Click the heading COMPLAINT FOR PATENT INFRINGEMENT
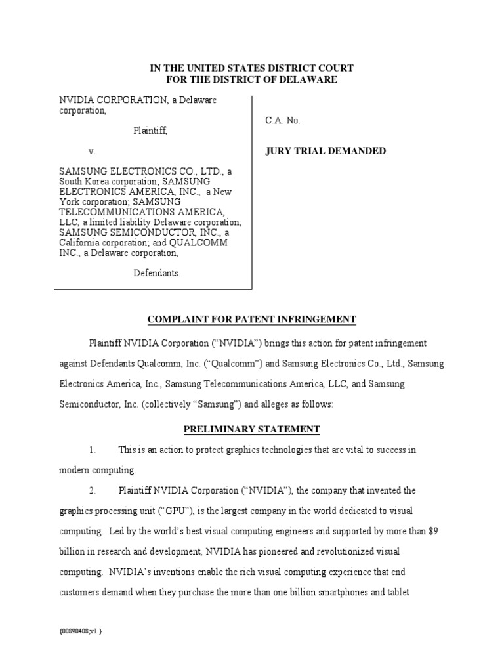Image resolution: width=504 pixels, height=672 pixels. click(x=251, y=320)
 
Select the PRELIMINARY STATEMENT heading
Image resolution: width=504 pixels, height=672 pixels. click(x=251, y=430)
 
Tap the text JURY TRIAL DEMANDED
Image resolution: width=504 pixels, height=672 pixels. click(x=325, y=151)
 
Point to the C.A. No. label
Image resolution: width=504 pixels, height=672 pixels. click(x=283, y=121)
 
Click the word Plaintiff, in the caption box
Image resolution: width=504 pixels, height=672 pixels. click(x=150, y=131)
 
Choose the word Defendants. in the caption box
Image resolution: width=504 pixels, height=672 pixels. click(x=156, y=273)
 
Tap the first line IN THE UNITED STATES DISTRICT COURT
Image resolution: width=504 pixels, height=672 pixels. click(x=251, y=68)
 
